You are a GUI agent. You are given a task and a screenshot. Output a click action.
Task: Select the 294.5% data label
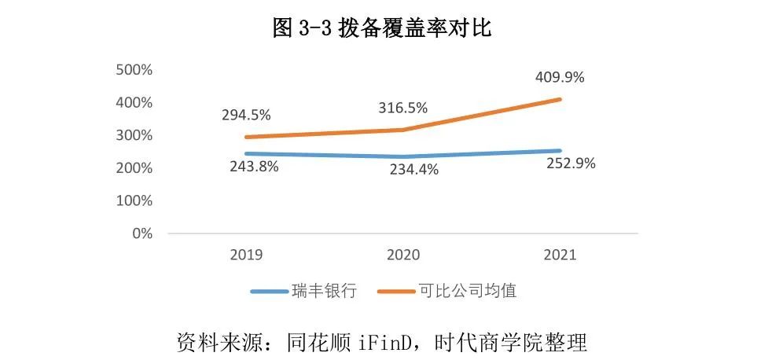[246, 115]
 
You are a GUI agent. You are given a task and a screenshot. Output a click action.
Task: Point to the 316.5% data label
[403, 107]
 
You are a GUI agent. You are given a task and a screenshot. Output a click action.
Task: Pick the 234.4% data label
[415, 170]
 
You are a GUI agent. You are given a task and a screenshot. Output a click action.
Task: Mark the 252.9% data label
[571, 164]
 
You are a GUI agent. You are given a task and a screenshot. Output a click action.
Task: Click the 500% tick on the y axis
[134, 70]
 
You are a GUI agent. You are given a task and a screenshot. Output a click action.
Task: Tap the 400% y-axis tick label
[134, 102]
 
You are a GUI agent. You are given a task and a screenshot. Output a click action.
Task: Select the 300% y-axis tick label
[134, 135]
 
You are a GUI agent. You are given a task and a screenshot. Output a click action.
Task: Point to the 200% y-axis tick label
[134, 168]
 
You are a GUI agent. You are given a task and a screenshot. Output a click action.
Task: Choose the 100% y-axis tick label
[134, 200]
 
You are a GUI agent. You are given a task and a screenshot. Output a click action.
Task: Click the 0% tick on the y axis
[141, 233]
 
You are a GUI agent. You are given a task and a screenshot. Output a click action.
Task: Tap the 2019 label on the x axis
[247, 255]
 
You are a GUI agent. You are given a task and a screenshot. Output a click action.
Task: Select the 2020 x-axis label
[403, 255]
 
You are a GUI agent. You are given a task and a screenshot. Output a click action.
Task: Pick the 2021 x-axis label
[560, 255]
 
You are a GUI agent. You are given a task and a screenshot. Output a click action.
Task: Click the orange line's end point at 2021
[560, 99]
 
